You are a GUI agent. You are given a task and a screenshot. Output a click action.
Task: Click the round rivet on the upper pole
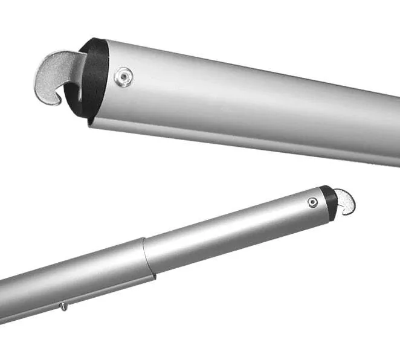(x=124, y=77)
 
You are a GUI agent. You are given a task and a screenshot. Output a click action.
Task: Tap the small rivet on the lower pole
(x=312, y=202)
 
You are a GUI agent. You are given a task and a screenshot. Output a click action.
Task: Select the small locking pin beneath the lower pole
(x=63, y=307)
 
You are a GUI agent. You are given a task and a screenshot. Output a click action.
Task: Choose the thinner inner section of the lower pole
(x=236, y=230)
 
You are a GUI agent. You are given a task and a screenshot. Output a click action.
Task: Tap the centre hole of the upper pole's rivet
(x=124, y=77)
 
